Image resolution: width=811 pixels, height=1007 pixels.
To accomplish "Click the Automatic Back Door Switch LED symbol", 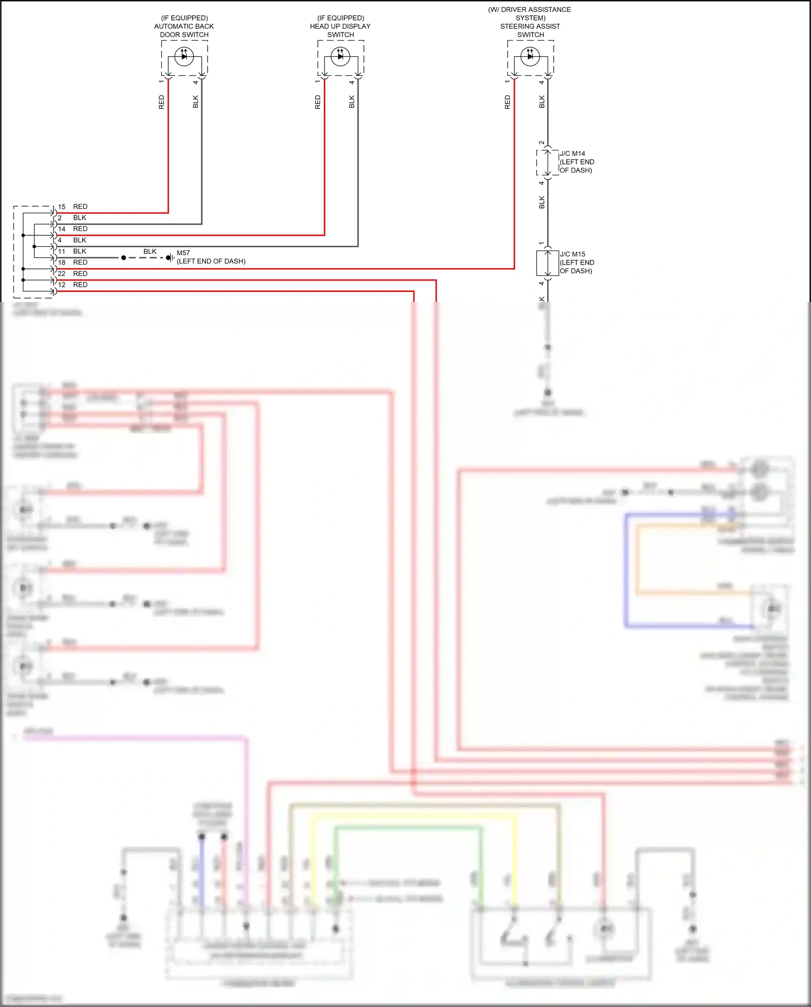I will click(x=184, y=56).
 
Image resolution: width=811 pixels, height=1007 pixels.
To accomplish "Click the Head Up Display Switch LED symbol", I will click(x=340, y=56).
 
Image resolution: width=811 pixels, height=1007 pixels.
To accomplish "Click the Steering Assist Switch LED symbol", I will click(x=530, y=56).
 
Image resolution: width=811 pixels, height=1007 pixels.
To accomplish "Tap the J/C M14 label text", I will click(x=572, y=154).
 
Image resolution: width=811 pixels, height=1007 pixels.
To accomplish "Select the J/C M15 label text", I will click(x=572, y=254).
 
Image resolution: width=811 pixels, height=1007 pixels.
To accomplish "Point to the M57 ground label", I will click(x=183, y=253).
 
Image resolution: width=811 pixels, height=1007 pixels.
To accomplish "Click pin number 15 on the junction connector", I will click(x=62, y=207).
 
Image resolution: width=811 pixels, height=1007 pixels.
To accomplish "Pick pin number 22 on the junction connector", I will click(x=62, y=274).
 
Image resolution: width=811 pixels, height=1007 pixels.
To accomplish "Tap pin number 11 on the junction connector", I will click(x=62, y=252).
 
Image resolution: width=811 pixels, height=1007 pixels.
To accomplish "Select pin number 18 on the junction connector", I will click(x=62, y=262).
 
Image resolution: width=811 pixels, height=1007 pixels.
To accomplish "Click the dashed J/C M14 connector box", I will click(x=547, y=162).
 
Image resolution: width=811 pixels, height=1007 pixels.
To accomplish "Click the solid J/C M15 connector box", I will click(x=547, y=263).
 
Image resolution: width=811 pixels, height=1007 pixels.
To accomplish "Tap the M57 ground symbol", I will click(x=170, y=258).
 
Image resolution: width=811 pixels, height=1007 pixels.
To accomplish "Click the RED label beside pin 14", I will click(x=80, y=229).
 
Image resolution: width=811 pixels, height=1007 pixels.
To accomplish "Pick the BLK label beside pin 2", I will click(x=79, y=218).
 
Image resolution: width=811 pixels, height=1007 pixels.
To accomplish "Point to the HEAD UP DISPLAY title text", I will click(x=340, y=27).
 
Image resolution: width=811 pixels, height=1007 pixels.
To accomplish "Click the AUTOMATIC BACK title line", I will click(x=184, y=27).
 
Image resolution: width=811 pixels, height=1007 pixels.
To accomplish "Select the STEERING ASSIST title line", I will click(x=530, y=27).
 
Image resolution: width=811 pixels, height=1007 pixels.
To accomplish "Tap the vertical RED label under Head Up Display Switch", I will click(x=317, y=102).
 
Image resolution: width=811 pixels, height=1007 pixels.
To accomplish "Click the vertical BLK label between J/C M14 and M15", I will click(x=542, y=202).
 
